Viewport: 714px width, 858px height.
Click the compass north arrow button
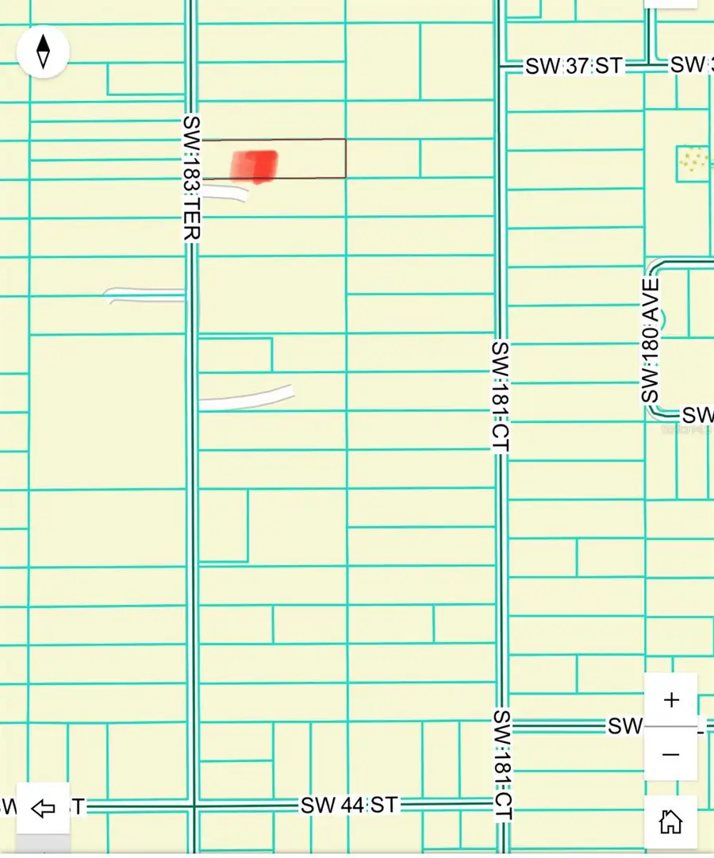tap(44, 51)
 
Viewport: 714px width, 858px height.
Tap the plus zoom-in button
tap(671, 700)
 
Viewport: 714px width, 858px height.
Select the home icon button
tap(671, 821)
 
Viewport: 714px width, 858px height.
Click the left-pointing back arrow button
tap(43, 809)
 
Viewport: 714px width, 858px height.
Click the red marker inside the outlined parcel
tap(255, 166)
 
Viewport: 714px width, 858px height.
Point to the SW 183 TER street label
tap(191, 178)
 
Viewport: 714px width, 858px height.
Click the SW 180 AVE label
tap(651, 340)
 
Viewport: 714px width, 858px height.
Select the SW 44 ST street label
tap(348, 806)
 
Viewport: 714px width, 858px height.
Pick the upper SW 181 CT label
tap(500, 397)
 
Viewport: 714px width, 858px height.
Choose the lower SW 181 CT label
tap(502, 765)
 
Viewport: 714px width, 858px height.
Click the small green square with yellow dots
tap(693, 163)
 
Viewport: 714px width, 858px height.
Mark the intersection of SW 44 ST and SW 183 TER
tap(192, 806)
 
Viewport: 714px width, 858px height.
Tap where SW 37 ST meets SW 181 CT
tap(501, 67)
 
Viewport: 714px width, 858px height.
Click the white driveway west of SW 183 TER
tap(145, 294)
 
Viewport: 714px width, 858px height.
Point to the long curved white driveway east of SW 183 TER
tap(246, 398)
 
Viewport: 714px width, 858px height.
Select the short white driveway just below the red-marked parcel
tap(225, 191)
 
